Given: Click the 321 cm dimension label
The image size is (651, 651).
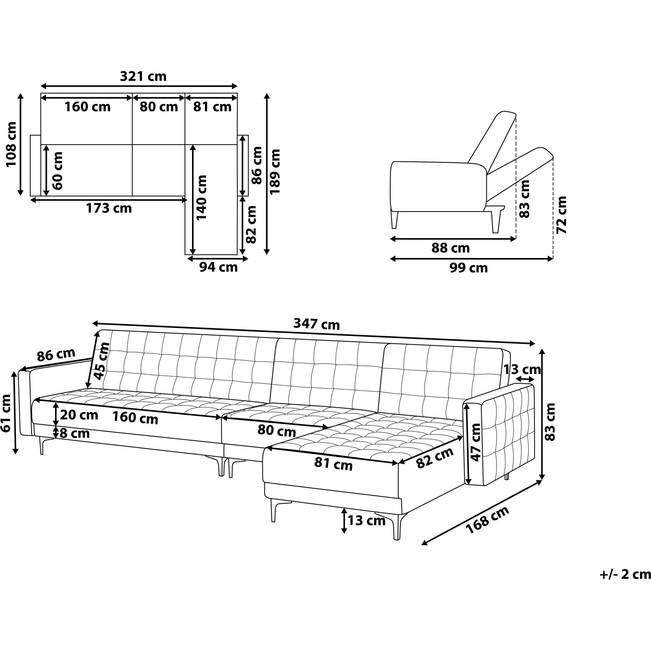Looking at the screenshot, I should point(143,77).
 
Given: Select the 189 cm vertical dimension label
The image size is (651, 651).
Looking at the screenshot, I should point(276,171).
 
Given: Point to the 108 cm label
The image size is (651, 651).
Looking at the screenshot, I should point(11,144).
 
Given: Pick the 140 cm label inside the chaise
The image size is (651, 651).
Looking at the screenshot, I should point(201,198).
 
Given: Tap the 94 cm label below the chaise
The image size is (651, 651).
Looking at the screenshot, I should point(218,267).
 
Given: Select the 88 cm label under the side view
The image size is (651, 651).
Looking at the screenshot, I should point(451,248).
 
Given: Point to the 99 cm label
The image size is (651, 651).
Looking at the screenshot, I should point(469,268).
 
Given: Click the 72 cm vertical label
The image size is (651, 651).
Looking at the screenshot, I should point(562,215).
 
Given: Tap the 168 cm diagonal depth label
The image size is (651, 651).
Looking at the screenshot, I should point(487,520).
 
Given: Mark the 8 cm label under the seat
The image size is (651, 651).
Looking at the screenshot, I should point(74,433).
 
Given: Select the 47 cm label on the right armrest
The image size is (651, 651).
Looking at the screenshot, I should point(476,442).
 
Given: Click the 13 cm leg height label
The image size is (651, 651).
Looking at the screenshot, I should point(366,520).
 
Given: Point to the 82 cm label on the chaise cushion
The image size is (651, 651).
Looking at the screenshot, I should point(435,458).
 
